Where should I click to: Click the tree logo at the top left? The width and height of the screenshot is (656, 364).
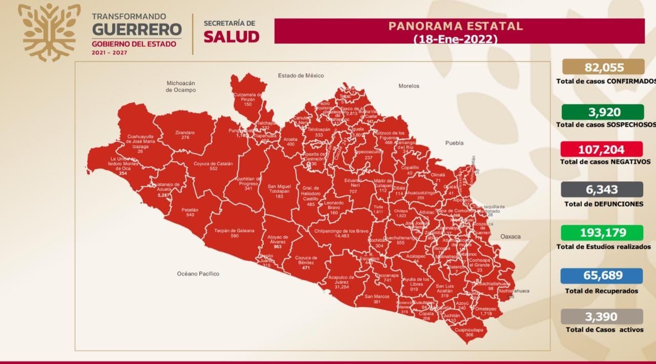[x=49, y=32]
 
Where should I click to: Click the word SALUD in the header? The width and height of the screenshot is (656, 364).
[x=232, y=37]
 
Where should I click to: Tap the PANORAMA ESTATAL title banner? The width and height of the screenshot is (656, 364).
[x=459, y=31]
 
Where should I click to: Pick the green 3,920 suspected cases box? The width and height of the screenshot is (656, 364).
[x=603, y=112]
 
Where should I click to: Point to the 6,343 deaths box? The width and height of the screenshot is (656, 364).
[x=603, y=189]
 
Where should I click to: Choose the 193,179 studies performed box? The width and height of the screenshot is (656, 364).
[x=603, y=233]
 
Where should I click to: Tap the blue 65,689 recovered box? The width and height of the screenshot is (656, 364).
[x=603, y=276]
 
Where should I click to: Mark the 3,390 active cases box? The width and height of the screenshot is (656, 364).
[x=603, y=317]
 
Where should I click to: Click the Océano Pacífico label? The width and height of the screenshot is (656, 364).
[x=198, y=274]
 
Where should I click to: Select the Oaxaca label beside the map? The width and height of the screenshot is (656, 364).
[x=510, y=237]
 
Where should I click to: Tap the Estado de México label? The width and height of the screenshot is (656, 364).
[x=301, y=76]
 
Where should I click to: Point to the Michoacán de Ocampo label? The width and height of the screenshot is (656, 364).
[x=181, y=86]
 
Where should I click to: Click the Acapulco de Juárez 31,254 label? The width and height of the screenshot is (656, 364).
[x=341, y=282]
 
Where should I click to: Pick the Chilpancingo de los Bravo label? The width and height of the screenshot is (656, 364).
[x=342, y=233]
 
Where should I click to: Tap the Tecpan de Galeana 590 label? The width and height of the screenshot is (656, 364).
[x=235, y=233]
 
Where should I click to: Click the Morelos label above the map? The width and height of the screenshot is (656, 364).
[x=408, y=86]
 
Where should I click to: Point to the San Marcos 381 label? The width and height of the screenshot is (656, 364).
[x=377, y=299]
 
